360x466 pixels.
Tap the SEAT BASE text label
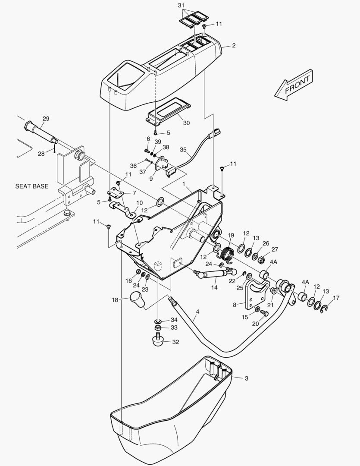click(x=32, y=186)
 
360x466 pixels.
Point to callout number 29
click(x=46, y=118)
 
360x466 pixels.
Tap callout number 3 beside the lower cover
click(x=246, y=378)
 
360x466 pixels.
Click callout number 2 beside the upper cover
click(x=234, y=45)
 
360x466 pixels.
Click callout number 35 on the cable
click(x=183, y=150)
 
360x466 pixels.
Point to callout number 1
click(x=183, y=184)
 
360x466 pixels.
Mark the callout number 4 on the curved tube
click(x=197, y=312)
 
